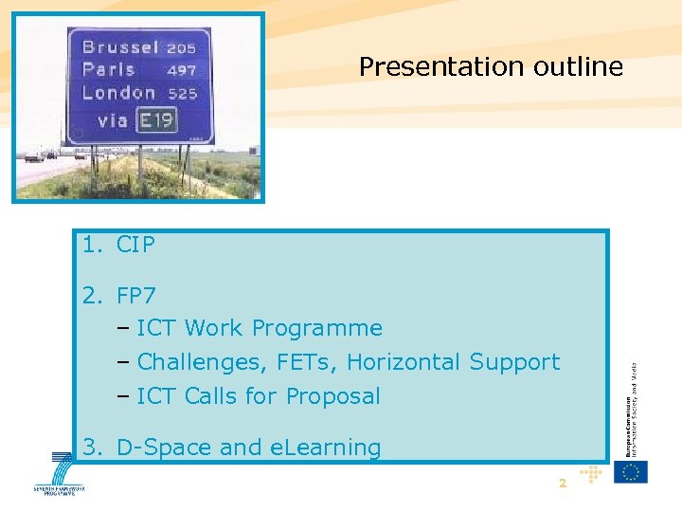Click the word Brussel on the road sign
(120, 46)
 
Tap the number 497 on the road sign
(182, 70)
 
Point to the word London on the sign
(118, 93)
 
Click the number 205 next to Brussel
(182, 47)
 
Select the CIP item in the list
(135, 245)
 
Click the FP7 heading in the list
(135, 295)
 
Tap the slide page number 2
(562, 484)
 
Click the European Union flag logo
(631, 471)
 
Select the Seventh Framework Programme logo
(59, 475)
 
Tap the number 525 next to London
(182, 94)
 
